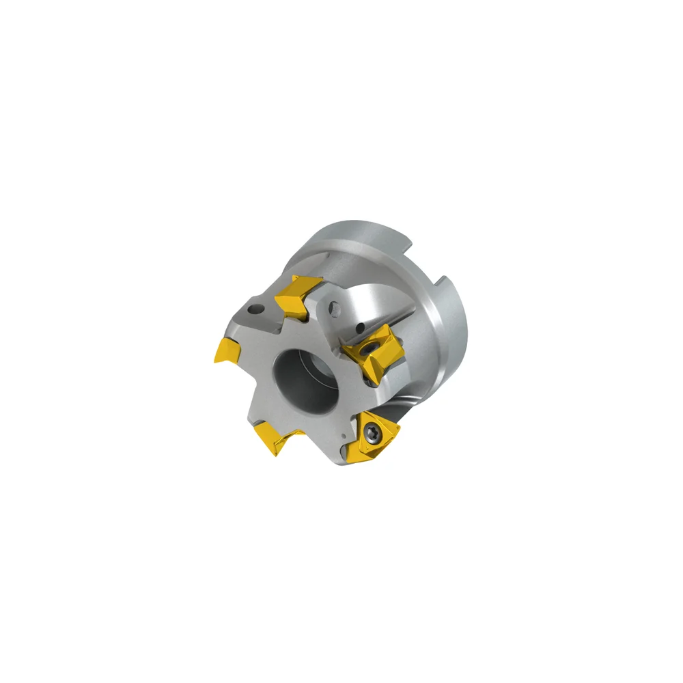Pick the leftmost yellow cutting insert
pos(227,350)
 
